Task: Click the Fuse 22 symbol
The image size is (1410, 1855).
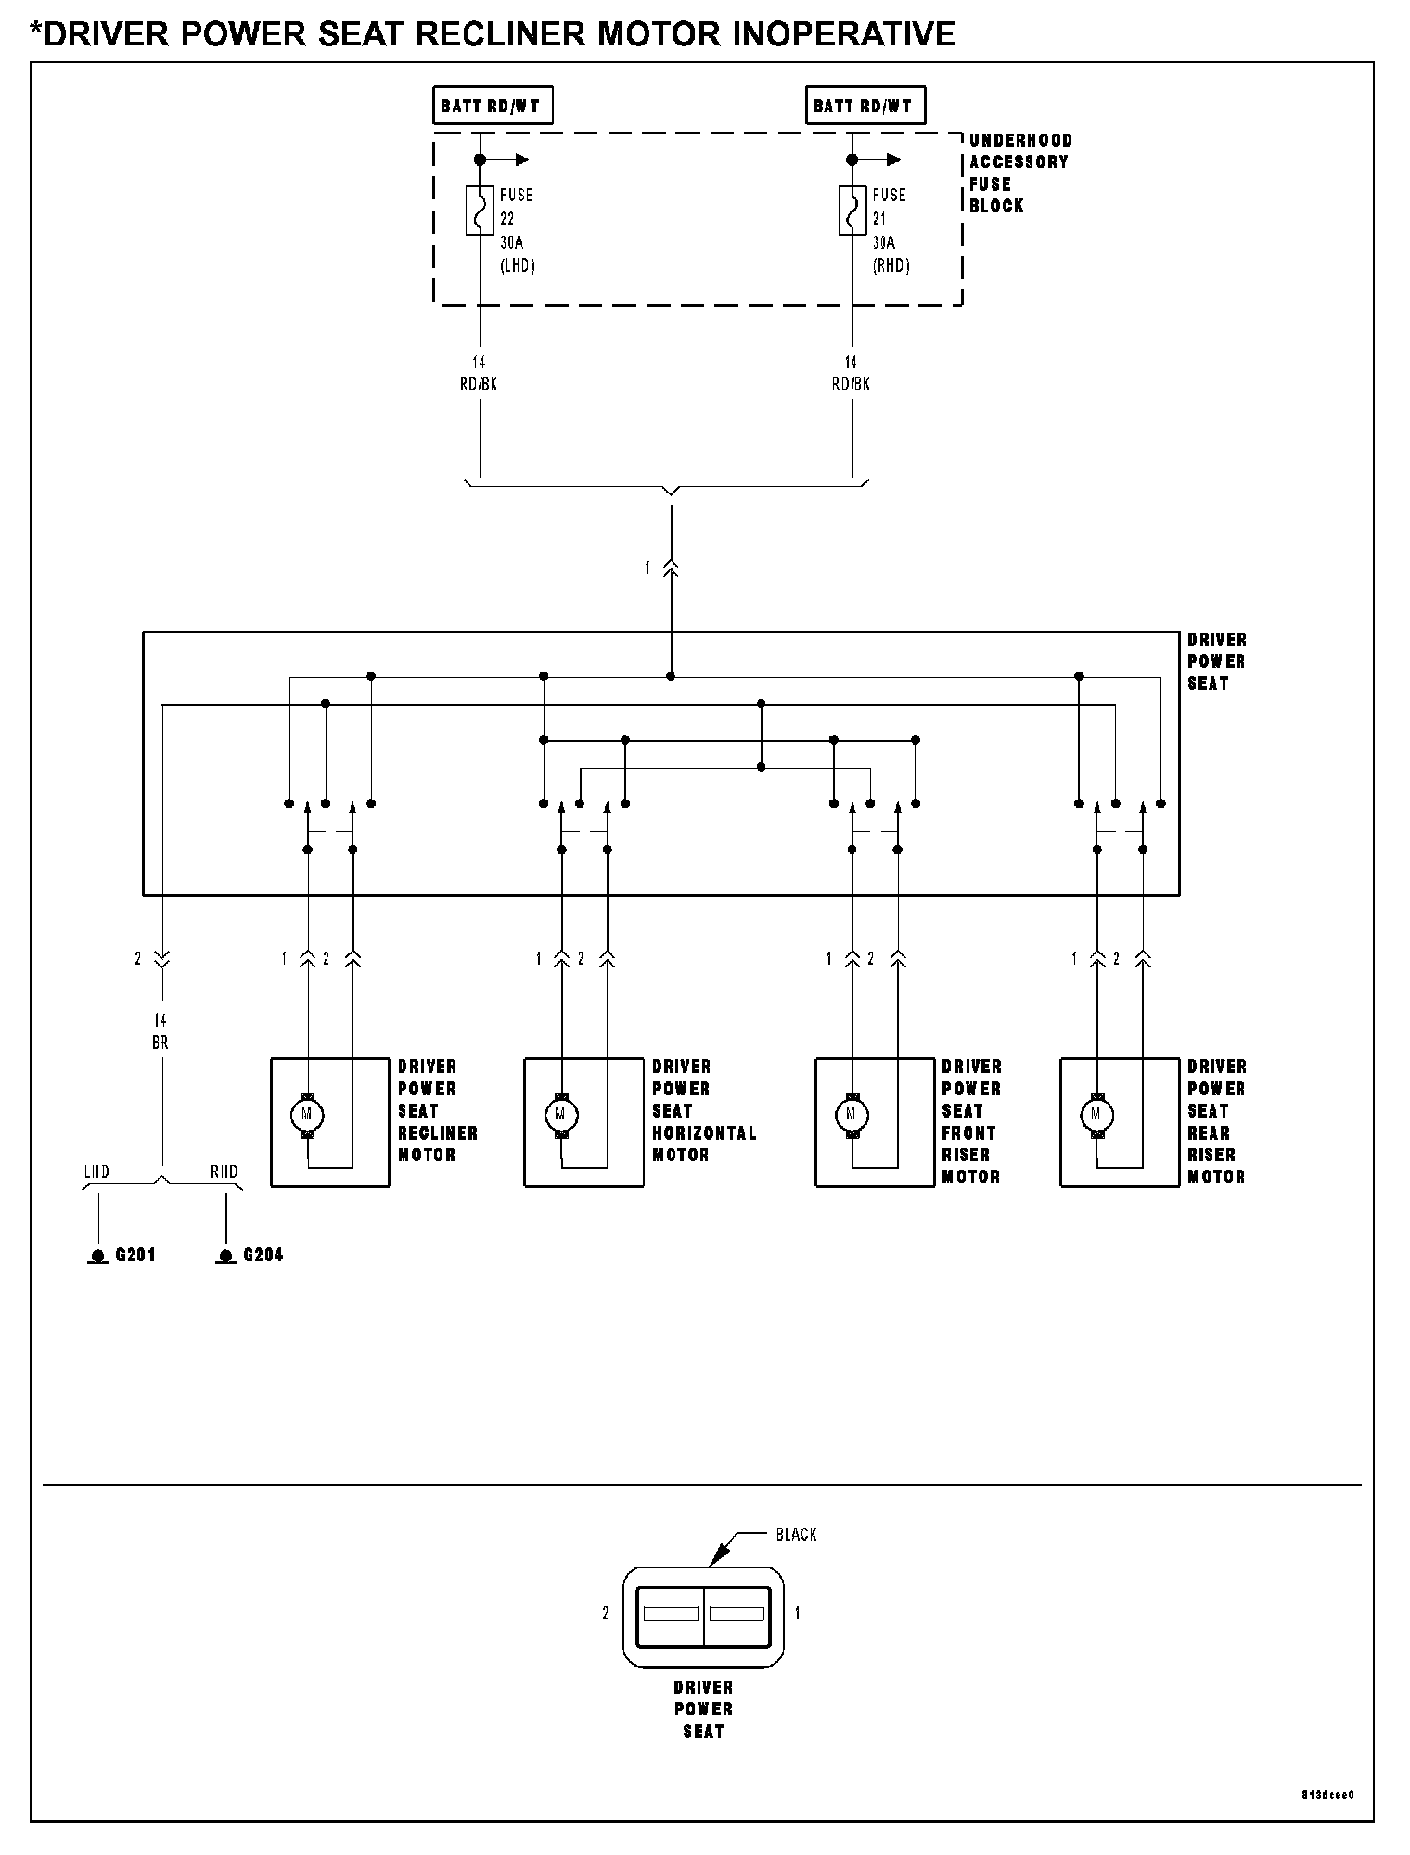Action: click(x=480, y=211)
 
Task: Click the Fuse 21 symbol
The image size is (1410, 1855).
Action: click(x=852, y=211)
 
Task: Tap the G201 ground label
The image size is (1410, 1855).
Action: click(x=135, y=1256)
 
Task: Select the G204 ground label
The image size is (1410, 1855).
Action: click(x=263, y=1256)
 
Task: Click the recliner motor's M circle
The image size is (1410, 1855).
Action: click(x=307, y=1114)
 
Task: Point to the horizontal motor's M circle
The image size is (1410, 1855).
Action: click(x=560, y=1114)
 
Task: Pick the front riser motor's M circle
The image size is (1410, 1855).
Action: click(x=852, y=1114)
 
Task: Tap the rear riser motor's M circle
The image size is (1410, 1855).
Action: click(x=1096, y=1114)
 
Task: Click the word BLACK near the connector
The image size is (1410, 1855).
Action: click(x=797, y=1535)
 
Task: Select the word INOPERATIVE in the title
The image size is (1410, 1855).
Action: click(x=844, y=34)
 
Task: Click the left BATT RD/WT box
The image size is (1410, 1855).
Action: click(x=493, y=106)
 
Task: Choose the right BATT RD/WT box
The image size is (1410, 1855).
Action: click(x=865, y=106)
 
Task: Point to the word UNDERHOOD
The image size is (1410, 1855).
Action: click(x=1021, y=140)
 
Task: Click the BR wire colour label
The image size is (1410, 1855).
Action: click(x=160, y=1043)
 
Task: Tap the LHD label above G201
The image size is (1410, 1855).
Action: click(x=96, y=1172)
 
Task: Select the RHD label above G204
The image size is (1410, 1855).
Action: click(x=224, y=1172)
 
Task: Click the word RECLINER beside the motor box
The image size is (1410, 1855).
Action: click(x=438, y=1133)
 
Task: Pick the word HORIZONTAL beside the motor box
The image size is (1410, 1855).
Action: click(x=705, y=1133)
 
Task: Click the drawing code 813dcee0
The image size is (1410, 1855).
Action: click(x=1327, y=1795)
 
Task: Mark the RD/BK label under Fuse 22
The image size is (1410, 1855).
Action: click(x=479, y=384)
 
